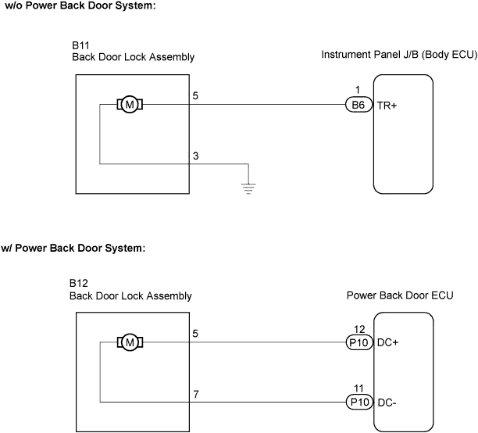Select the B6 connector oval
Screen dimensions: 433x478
358,105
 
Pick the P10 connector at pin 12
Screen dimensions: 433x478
358,342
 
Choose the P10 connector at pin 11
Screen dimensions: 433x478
358,402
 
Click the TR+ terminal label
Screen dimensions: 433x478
388,105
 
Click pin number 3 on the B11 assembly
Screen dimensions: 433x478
196,156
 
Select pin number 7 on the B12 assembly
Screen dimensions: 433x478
196,394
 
